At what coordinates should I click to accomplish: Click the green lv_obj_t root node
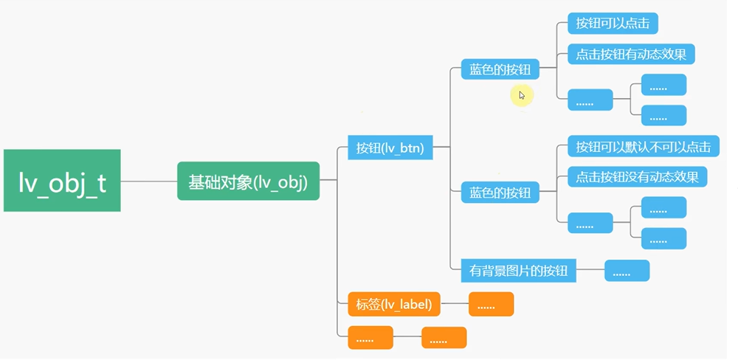pyautogui.click(x=62, y=181)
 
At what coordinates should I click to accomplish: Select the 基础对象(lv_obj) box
pyautogui.click(x=248, y=181)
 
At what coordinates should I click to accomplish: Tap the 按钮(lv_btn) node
pyautogui.click(x=390, y=148)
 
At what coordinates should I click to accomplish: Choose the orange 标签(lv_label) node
pyautogui.click(x=393, y=303)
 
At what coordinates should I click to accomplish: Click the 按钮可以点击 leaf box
pyautogui.click(x=612, y=23)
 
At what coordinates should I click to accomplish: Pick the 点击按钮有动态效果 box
pyautogui.click(x=631, y=54)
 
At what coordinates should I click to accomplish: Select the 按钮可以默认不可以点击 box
pyautogui.click(x=643, y=146)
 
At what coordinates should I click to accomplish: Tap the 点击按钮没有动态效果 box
pyautogui.click(x=637, y=177)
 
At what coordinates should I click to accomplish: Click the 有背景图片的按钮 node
pyautogui.click(x=518, y=271)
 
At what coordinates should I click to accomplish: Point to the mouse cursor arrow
pyautogui.click(x=521, y=94)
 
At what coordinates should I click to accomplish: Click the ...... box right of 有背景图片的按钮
pyautogui.click(x=627, y=271)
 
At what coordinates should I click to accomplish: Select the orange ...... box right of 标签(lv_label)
pyautogui.click(x=491, y=304)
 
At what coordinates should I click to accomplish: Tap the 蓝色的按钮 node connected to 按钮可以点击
pyautogui.click(x=500, y=70)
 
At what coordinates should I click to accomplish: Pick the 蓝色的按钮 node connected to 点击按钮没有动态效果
pyautogui.click(x=500, y=193)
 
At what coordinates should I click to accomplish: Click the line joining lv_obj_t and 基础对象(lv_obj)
pyautogui.click(x=148, y=181)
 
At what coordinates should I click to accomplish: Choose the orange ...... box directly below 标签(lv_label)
pyautogui.click(x=370, y=338)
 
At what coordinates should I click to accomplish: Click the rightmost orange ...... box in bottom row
pyautogui.click(x=444, y=338)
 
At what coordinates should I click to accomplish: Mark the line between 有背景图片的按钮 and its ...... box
pyautogui.click(x=590, y=271)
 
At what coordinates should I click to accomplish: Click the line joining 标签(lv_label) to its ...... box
pyautogui.click(x=454, y=304)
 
